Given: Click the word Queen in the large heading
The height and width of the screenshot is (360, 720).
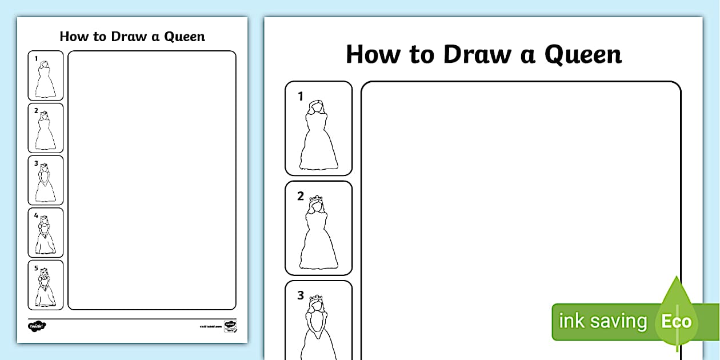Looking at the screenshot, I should pyautogui.click(x=582, y=55).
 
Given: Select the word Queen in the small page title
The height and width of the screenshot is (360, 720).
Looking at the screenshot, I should pyautogui.click(x=184, y=37).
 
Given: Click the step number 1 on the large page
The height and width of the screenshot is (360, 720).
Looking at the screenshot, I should pyautogui.click(x=301, y=97).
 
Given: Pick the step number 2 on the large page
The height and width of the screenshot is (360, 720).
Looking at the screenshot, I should pyautogui.click(x=301, y=196).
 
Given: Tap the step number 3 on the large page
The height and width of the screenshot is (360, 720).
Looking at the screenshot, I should pyautogui.click(x=301, y=295).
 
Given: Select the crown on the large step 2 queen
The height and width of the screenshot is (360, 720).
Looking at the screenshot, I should pyautogui.click(x=316, y=200).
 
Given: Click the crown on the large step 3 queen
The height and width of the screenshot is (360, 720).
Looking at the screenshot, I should pyautogui.click(x=316, y=299).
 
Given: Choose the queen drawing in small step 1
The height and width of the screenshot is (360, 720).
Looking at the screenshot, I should pyautogui.click(x=46, y=80).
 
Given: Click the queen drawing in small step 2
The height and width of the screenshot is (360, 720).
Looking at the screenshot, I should pyautogui.click(x=46, y=132).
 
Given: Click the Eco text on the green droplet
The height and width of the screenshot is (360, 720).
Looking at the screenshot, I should pyautogui.click(x=677, y=321).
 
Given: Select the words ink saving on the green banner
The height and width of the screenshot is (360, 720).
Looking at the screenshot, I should pyautogui.click(x=602, y=321).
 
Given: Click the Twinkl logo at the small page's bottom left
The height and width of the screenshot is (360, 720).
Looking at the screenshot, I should pyautogui.click(x=37, y=326).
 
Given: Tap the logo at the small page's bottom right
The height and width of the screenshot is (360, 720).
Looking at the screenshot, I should pyautogui.click(x=230, y=326).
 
